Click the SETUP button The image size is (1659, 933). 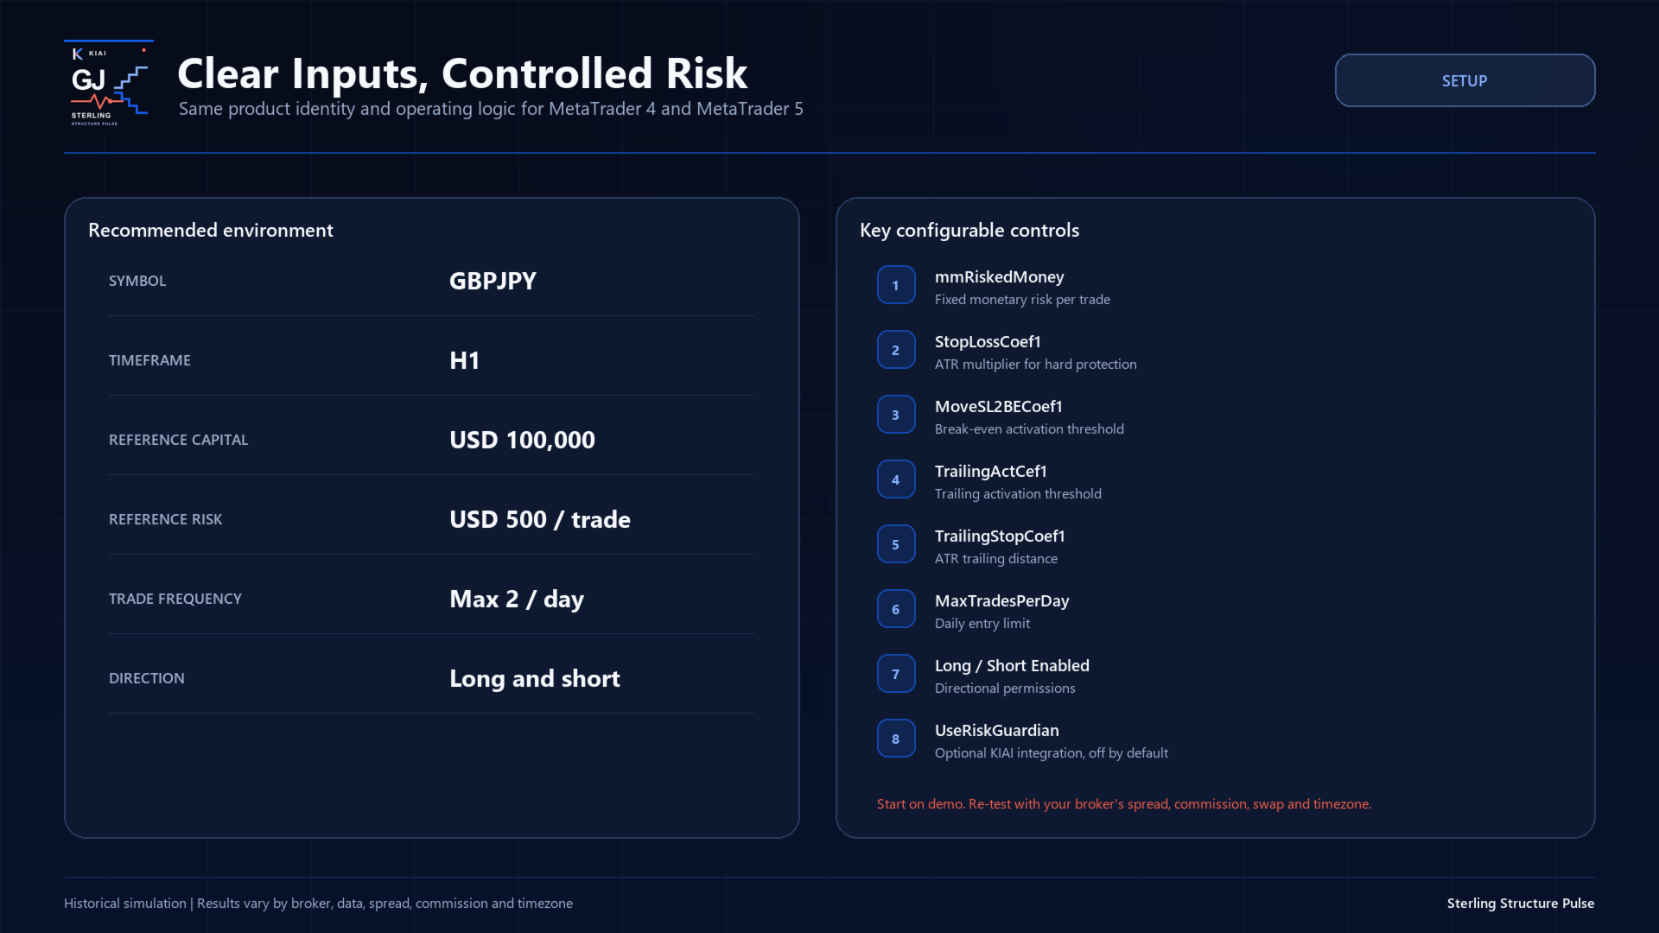pyautogui.click(x=1465, y=80)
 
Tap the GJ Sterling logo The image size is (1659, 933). pyautogui.click(x=109, y=84)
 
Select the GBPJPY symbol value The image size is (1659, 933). pyautogui.click(x=493, y=281)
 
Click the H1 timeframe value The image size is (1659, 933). pyautogui.click(x=464, y=360)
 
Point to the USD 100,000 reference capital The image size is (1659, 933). pyautogui.click(x=522, y=440)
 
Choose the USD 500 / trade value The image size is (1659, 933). pyautogui.click(x=540, y=519)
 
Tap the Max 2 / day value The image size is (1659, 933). pyautogui.click(x=517, y=599)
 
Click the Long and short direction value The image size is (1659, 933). pyautogui.click(x=535, y=678)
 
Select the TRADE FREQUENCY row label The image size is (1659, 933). pyautogui.click(x=175, y=599)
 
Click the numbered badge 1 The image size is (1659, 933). pyautogui.click(x=896, y=285)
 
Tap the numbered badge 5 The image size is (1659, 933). pyautogui.click(x=896, y=544)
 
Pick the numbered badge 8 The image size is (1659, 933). pyautogui.click(x=896, y=739)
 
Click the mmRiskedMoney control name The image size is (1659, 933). pyautogui.click(x=999, y=276)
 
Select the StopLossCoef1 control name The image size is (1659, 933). pyautogui.click(x=988, y=341)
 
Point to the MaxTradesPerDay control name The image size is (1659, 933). pyautogui.click(x=1002, y=600)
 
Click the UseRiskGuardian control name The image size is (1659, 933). pyautogui.click(x=997, y=730)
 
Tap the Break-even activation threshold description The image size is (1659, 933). pyautogui.click(x=1029, y=428)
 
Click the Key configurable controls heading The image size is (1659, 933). pyautogui.click(x=969, y=230)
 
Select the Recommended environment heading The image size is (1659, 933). pyautogui.click(x=211, y=230)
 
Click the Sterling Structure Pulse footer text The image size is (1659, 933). pyautogui.click(x=1521, y=903)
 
